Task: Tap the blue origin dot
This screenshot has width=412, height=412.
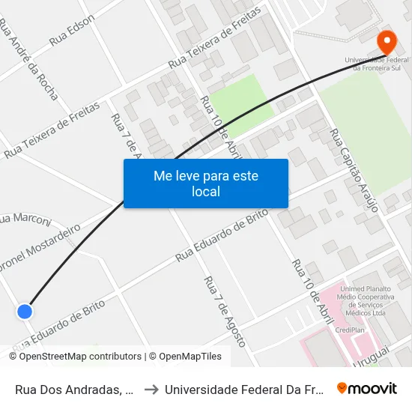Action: [25, 311]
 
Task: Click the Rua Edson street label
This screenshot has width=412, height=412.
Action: [72, 31]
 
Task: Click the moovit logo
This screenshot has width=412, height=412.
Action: [366, 388]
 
